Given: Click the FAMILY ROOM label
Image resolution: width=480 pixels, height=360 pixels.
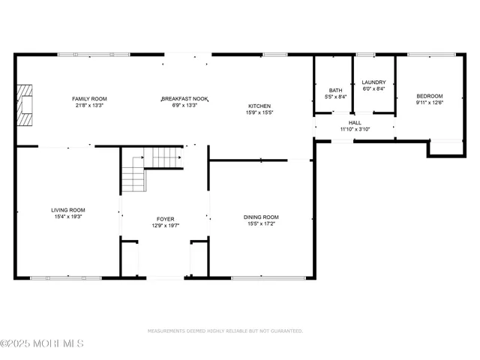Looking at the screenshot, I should point(89,98).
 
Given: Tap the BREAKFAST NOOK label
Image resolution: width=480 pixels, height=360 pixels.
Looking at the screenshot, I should point(184,98).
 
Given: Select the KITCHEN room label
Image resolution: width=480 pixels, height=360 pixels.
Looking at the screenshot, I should point(259,106).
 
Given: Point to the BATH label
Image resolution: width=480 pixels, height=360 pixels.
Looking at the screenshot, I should point(334,90).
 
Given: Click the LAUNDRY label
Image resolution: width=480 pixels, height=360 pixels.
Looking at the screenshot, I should point(373,82).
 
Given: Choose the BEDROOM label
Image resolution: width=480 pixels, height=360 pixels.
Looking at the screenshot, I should point(430,96).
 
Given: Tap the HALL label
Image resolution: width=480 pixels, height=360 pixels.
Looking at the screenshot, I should point(355,122).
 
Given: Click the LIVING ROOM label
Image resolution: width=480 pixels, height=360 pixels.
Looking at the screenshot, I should point(67,210).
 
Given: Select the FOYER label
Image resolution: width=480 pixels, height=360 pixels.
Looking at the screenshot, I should point(166,218).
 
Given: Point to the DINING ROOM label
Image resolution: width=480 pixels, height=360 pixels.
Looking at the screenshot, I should point(261,217).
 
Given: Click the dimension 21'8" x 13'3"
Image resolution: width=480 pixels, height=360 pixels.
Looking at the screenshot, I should point(89,105).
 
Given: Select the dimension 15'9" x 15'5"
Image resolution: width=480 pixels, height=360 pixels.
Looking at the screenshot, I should point(259,112).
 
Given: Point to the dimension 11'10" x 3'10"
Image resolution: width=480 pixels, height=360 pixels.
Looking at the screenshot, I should point(355,129).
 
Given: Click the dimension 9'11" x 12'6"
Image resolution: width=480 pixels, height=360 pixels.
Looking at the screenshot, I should point(430,103).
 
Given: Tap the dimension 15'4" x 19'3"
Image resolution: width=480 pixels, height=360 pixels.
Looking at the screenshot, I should point(67,217).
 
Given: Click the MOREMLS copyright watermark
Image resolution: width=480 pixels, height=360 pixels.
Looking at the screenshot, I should point(42,344).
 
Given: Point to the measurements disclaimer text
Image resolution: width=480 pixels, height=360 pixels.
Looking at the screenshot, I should point(225,331).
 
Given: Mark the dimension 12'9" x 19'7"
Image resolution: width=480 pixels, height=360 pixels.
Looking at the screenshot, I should point(166,225).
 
